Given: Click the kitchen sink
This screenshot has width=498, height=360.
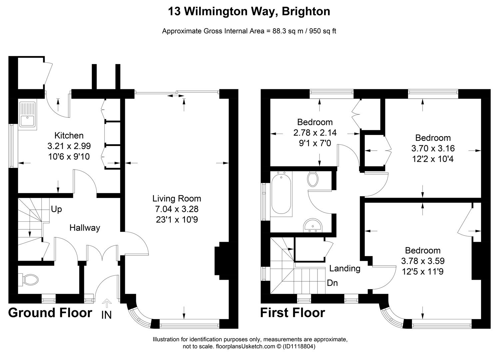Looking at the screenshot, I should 28,114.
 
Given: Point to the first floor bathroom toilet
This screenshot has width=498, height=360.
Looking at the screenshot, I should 313,179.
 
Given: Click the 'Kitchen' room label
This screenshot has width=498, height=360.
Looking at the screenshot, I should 69,135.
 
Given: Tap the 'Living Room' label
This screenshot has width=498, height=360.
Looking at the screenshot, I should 177,199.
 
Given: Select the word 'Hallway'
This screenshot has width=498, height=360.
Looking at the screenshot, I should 85,228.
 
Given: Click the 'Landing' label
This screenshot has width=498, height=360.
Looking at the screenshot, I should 345,268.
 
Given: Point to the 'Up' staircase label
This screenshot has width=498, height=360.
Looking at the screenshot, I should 56,209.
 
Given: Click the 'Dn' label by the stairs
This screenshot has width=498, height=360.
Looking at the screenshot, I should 332,283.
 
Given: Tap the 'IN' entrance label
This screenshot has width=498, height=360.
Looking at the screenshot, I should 106,315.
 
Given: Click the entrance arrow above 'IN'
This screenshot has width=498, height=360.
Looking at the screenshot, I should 107,303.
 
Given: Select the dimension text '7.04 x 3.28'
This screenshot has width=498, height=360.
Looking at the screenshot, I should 177,209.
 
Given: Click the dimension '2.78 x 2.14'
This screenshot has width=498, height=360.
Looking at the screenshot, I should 315,133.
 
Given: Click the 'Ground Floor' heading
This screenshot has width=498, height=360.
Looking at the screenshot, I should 50,313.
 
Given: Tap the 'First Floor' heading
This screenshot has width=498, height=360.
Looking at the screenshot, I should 292,313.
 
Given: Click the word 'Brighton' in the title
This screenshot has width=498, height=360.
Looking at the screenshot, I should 306,11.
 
